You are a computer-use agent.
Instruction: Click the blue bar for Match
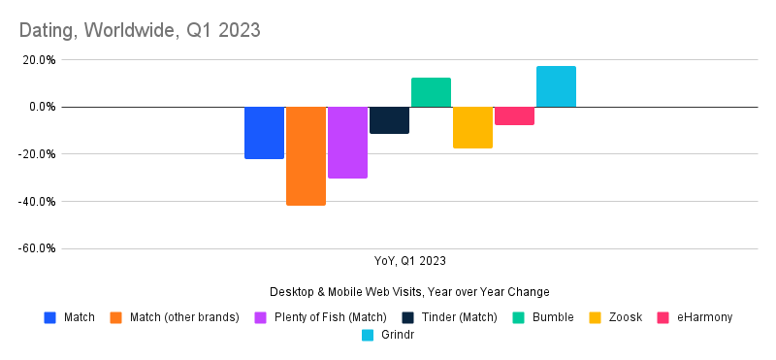point(264,132)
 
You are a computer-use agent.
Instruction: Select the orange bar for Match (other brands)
point(306,155)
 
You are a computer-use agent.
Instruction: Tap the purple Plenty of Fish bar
point(347,142)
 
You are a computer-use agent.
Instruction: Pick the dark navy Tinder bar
point(389,119)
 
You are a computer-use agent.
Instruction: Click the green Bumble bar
point(431,92)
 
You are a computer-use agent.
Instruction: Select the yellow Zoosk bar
point(472,127)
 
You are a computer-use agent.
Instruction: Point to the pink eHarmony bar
point(514,115)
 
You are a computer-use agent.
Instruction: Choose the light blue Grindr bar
point(556,86)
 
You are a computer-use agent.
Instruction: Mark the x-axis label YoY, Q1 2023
point(410,260)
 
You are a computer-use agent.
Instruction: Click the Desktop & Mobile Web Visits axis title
point(410,292)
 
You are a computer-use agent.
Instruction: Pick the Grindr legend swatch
point(368,336)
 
